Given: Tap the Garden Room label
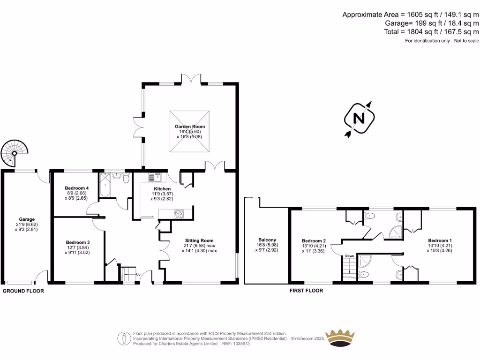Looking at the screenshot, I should click(190, 127).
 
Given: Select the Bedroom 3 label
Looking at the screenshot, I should click(78, 242).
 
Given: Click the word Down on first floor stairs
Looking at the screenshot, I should click(349, 256).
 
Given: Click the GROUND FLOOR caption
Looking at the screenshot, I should click(23, 291).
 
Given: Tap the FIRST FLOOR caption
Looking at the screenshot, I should click(306, 291).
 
